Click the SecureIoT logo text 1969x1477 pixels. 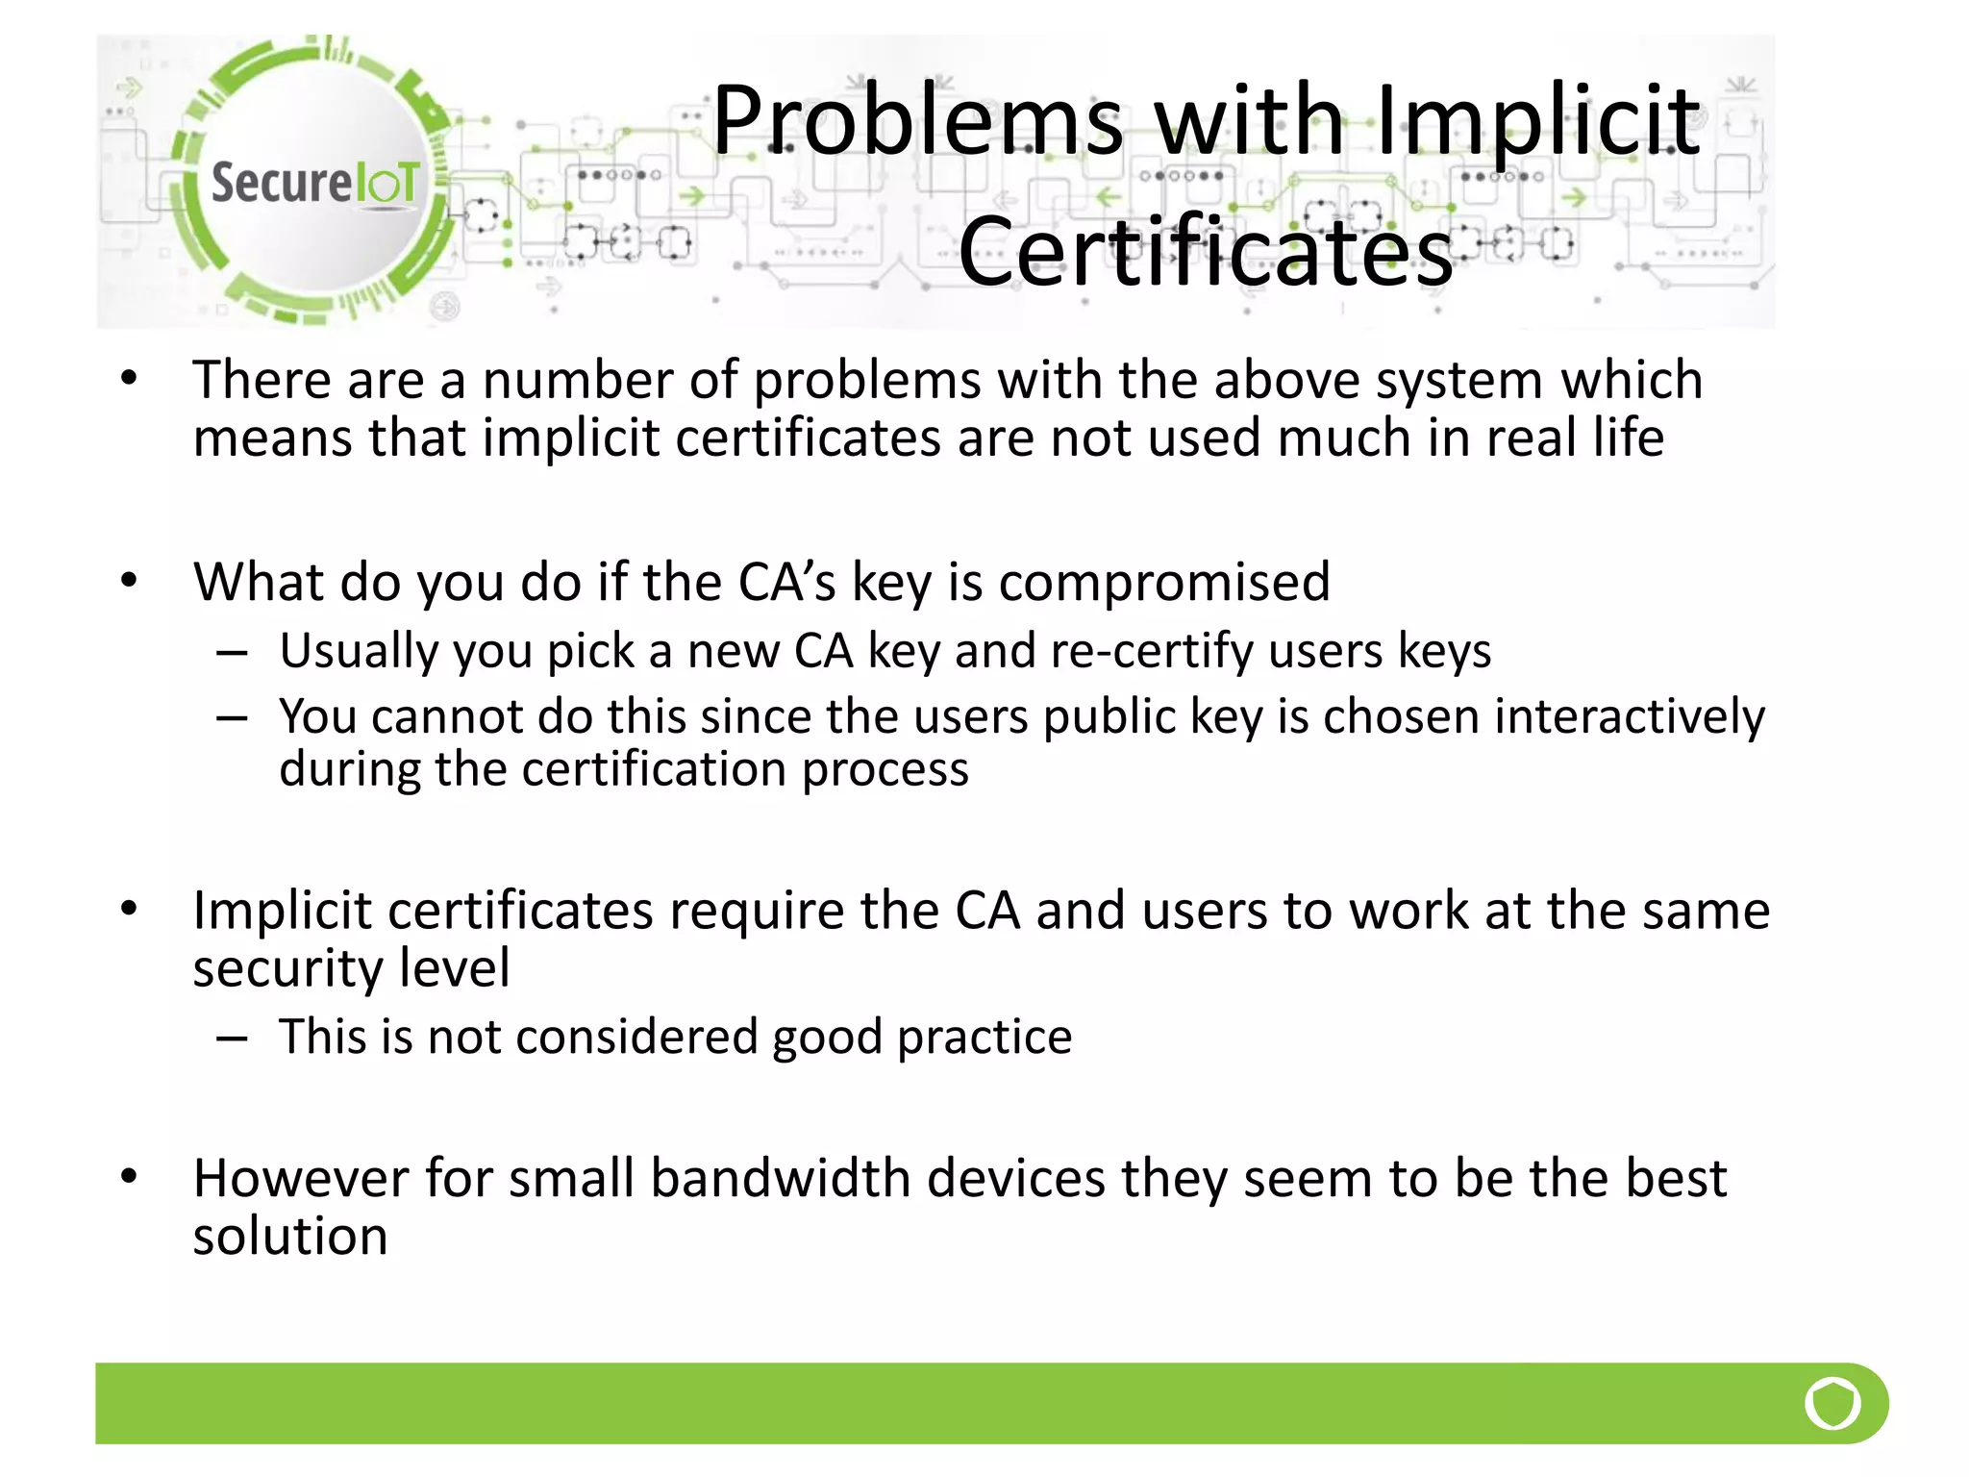point(314,183)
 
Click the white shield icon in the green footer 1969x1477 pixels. point(1832,1404)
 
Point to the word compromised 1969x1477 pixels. point(1164,582)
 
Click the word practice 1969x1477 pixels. point(984,1037)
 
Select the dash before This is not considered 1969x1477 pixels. point(233,1039)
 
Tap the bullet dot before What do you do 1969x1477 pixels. point(130,580)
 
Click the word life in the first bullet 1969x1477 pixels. point(1628,438)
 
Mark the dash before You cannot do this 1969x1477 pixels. point(233,718)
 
